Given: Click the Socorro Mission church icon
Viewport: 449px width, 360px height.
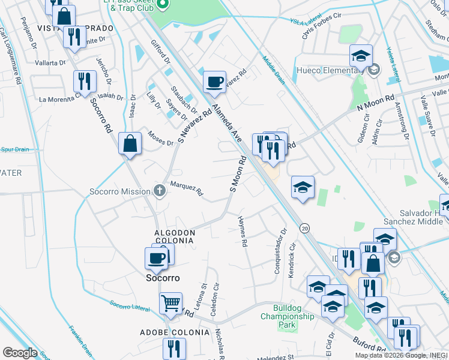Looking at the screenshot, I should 159,191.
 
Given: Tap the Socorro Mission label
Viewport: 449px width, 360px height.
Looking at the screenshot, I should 119,192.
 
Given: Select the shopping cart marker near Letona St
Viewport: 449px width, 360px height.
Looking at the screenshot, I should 171,304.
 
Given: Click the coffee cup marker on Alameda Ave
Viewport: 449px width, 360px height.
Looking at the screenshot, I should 214,82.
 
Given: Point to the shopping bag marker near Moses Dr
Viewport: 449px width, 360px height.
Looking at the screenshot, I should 130,144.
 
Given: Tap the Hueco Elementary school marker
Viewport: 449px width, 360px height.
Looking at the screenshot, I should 361,56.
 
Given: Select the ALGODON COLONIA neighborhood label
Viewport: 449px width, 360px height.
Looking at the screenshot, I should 174,236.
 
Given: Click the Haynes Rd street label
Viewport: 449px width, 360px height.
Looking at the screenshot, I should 243,232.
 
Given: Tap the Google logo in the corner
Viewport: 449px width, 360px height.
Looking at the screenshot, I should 20,353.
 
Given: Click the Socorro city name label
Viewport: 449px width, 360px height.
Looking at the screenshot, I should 164,278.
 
